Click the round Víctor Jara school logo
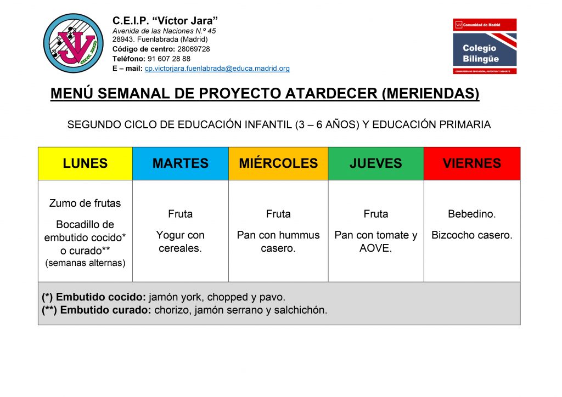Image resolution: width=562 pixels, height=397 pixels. tap(74, 43)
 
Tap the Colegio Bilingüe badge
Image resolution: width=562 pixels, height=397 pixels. tap(485, 46)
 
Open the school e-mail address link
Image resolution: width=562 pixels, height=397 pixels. tap(217, 69)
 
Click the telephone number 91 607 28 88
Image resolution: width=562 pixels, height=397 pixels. tap(169, 59)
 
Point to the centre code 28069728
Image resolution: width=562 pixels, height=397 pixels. tap(194, 49)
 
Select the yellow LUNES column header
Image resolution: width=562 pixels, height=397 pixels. tap(85, 163)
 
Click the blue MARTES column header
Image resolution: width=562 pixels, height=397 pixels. tap(181, 163)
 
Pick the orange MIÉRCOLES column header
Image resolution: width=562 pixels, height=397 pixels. tap(278, 163)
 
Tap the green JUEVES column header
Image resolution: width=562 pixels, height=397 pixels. tap(376, 163)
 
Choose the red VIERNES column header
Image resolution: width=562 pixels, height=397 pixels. tap(472, 163)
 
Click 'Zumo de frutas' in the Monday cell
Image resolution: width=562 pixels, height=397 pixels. tap(85, 203)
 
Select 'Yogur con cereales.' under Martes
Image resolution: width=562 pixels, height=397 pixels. tap(180, 242)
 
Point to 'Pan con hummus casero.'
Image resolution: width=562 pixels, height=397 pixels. tap(278, 242)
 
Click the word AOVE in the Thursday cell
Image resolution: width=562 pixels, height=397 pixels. tap(375, 248)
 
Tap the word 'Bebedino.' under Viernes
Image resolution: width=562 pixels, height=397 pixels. tap(471, 214)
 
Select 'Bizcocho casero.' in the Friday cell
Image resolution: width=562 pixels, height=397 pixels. tap(471, 235)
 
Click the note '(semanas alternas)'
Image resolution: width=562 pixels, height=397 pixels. tap(85, 263)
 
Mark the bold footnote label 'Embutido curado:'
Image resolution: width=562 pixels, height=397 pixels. tap(106, 310)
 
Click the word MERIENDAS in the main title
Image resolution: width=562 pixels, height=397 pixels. tap(430, 94)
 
